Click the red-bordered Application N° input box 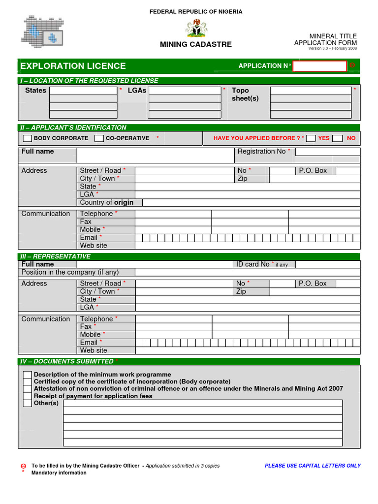point(319,66)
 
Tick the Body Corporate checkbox point(28,138)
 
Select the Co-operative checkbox point(99,138)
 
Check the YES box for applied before point(311,138)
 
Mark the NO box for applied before point(337,138)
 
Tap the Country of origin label point(107,202)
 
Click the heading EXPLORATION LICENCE point(73,66)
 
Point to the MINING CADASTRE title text point(196,45)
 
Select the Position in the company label point(70,272)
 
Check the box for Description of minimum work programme point(28,375)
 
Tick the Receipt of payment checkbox point(28,396)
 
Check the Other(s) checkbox point(28,403)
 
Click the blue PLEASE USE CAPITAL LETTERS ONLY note point(313,466)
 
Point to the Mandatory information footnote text point(59,473)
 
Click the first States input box point(83,91)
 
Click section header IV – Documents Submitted point(67,362)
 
